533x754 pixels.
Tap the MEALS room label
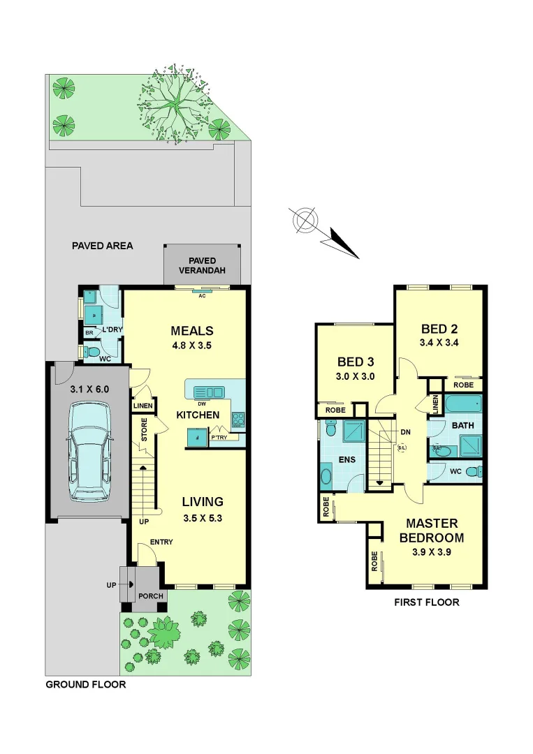tap(192, 330)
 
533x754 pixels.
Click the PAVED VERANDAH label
tap(203, 265)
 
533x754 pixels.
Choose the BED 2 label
tap(439, 329)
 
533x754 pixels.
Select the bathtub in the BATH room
tap(463, 404)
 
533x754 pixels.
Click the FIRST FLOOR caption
tap(428, 602)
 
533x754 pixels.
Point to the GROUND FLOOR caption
tap(85, 684)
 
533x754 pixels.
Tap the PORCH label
tap(151, 596)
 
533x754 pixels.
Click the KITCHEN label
tap(198, 415)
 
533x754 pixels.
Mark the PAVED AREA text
tap(102, 246)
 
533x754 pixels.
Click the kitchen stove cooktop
tap(238, 420)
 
